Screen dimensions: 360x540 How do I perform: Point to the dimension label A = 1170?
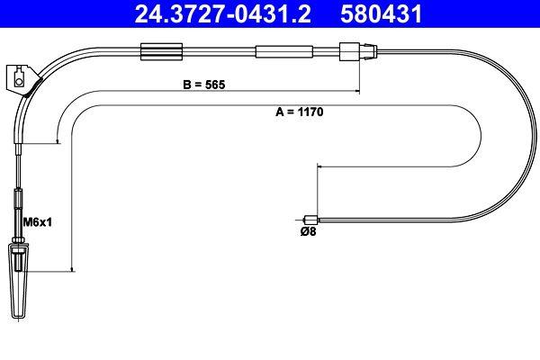point(299,113)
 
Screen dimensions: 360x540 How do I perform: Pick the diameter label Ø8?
point(307,230)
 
